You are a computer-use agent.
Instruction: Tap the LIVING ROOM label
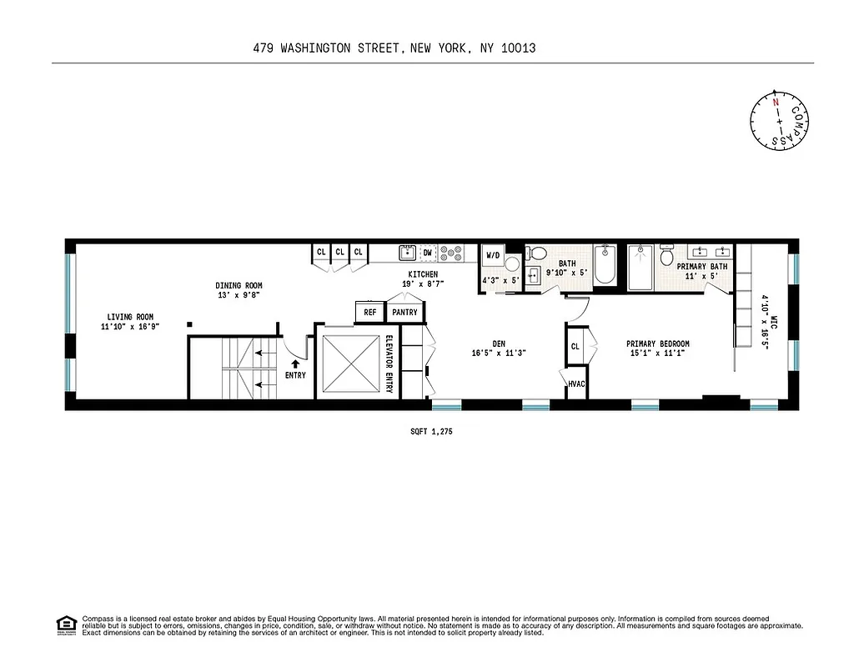[x=130, y=317]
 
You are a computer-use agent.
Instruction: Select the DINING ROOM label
[x=239, y=286]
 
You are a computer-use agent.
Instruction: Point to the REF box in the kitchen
[x=369, y=313]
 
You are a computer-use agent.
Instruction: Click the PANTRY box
[x=404, y=313]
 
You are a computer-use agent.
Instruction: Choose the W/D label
[x=492, y=255]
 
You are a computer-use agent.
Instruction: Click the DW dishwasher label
[x=428, y=252]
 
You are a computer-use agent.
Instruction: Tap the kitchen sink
[x=407, y=252]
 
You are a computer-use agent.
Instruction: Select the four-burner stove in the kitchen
[x=451, y=253]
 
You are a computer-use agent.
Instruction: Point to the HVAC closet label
[x=576, y=384]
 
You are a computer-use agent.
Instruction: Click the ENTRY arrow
[x=294, y=364]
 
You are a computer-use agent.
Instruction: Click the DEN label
[x=499, y=343]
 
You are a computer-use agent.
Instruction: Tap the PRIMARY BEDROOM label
[x=658, y=344]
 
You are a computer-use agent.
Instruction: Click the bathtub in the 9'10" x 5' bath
[x=605, y=267]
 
